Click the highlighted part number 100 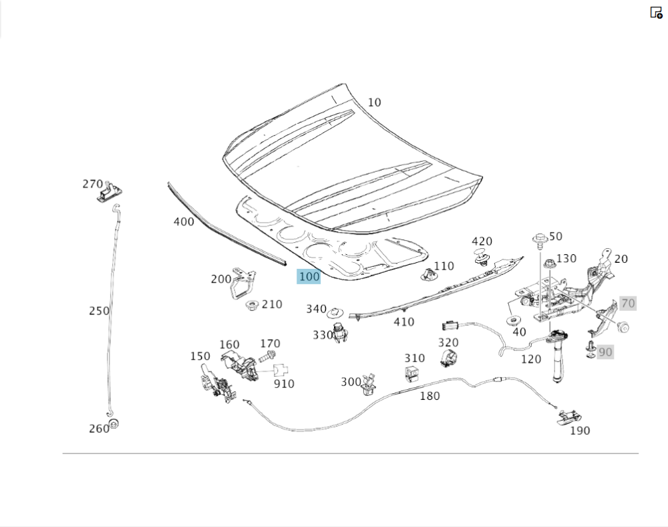coord(309,276)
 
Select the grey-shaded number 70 coord(627,303)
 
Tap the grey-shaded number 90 coord(605,352)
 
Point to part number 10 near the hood coord(374,102)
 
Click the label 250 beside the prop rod coord(99,311)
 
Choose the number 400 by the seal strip coord(184,221)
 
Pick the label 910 coord(284,384)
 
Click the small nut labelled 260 coord(114,423)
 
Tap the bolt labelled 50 coord(539,239)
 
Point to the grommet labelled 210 coord(252,306)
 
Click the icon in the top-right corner coord(656,12)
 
